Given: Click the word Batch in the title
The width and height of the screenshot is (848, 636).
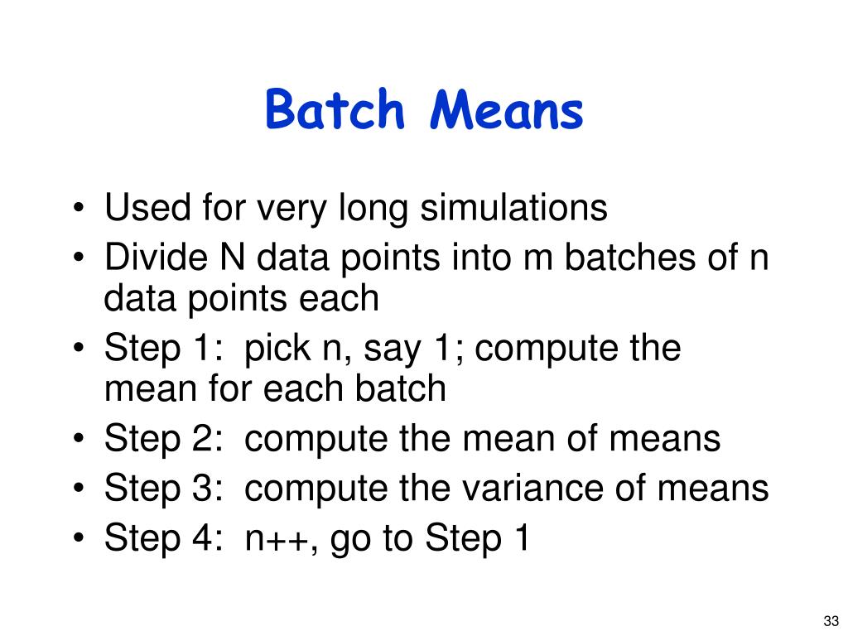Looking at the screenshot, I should pos(335,111).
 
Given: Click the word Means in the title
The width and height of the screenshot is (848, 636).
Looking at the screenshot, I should pos(506,111).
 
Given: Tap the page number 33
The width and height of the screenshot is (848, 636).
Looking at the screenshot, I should pos(831,621).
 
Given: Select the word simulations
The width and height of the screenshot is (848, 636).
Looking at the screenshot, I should pos(513,209).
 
